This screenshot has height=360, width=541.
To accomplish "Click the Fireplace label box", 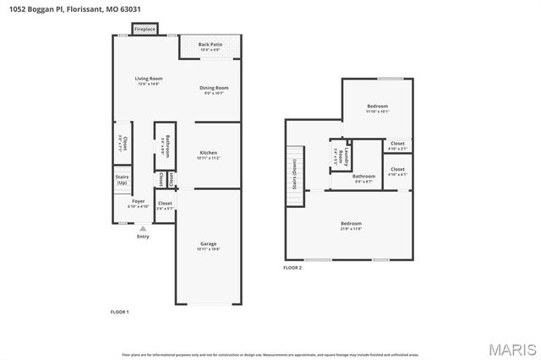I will [145, 30].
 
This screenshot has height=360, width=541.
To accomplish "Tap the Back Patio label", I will [210, 46].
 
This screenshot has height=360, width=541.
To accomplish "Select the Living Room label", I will [148, 81].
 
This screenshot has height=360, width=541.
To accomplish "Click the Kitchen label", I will [208, 155].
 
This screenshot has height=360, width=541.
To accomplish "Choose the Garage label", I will [208, 246].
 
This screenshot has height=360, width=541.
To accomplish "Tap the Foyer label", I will [138, 204].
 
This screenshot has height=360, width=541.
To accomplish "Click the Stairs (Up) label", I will [122, 180].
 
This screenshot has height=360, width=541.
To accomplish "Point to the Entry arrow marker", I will [142, 227].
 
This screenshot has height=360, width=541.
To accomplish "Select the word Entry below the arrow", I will [142, 236].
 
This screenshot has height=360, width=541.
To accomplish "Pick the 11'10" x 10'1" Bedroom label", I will [377, 108].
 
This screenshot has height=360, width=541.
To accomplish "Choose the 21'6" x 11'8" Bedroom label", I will [350, 226].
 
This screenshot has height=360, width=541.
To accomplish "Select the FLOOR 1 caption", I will [119, 312].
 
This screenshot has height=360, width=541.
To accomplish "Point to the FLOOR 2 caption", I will [292, 267].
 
